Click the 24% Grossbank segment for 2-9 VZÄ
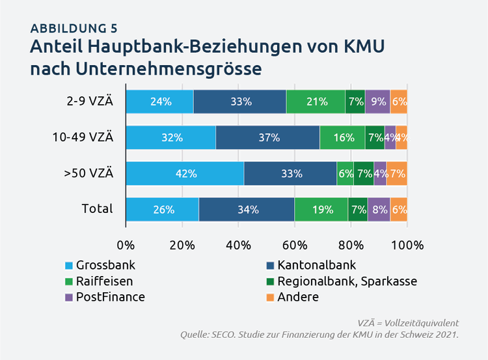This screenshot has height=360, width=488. click(x=160, y=102)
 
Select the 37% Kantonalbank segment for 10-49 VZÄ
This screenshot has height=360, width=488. click(x=268, y=138)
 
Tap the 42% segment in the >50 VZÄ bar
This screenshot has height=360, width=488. click(x=185, y=174)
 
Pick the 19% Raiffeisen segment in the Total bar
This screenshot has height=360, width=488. click(x=323, y=210)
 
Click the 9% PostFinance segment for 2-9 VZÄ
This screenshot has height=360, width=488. click(x=377, y=102)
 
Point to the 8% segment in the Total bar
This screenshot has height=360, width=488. click(x=379, y=210)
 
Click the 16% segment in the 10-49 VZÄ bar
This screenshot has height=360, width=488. click(x=342, y=138)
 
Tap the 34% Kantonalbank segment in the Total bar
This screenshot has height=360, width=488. click(x=247, y=210)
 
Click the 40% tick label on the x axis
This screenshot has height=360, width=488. click(x=239, y=245)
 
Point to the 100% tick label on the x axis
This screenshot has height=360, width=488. click(x=407, y=245)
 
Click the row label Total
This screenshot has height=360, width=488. click(x=98, y=209)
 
